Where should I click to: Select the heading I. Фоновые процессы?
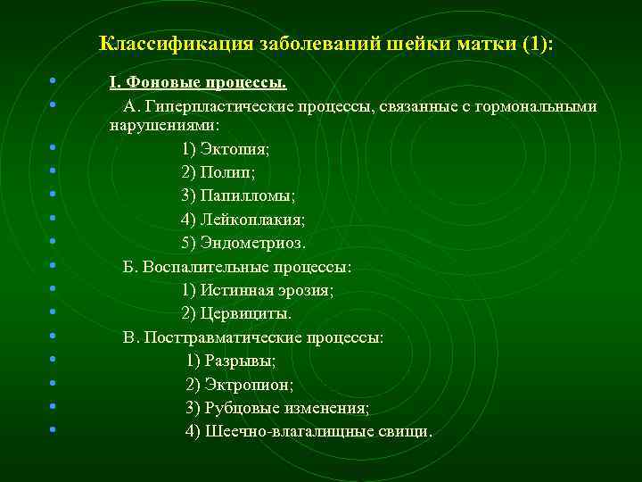pos(197,83)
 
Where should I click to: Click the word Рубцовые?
pos(240,408)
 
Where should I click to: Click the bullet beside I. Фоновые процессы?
pos(55,82)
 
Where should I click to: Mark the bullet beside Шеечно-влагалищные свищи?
pos(55,430)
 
